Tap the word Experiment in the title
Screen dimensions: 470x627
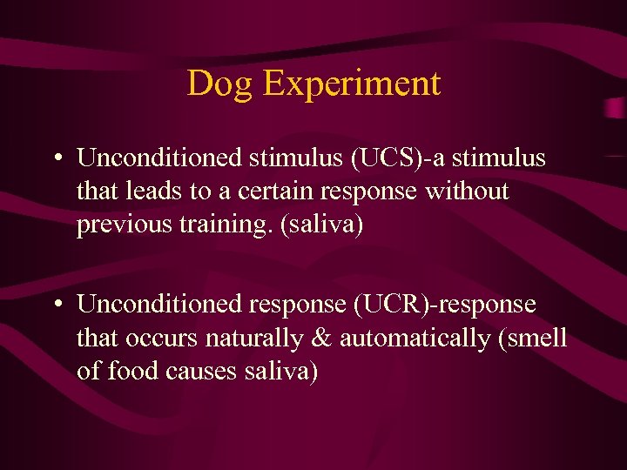pyautogui.click(x=352, y=84)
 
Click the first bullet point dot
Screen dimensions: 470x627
pyautogui.click(x=56, y=159)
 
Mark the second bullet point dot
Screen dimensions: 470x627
pyautogui.click(x=56, y=305)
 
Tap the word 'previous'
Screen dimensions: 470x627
pyautogui.click(x=116, y=225)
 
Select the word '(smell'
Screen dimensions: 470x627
pyautogui.click(x=532, y=338)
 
